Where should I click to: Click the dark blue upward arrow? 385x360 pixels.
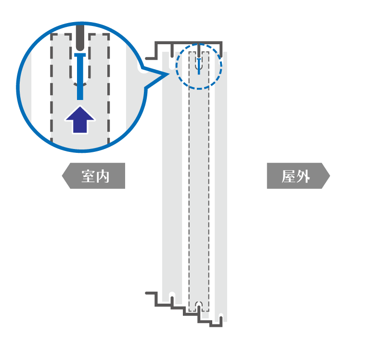pyautogui.click(x=80, y=120)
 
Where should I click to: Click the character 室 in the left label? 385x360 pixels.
pyautogui.click(x=88, y=176)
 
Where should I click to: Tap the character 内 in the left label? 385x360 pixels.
pyautogui.click(x=103, y=176)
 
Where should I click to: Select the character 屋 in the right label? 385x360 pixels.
pyautogui.click(x=288, y=176)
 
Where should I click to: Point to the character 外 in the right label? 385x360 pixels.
pyautogui.click(x=303, y=176)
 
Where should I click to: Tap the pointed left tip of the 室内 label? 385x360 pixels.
pyautogui.click(x=62, y=176)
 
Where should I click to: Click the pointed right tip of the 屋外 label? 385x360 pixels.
pyautogui.click(x=330, y=176)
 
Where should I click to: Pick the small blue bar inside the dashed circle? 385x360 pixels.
pyautogui.click(x=199, y=66)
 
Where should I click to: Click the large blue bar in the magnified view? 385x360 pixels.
pyautogui.click(x=80, y=76)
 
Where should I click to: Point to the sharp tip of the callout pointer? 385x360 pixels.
pyautogui.click(x=169, y=74)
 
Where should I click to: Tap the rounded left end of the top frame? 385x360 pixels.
pyautogui.click(x=147, y=58)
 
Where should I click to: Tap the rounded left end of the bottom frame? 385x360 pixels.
pyautogui.click(x=147, y=293)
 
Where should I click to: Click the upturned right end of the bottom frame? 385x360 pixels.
pyautogui.click(x=221, y=318)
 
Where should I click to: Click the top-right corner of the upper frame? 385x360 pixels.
pyautogui.click(x=221, y=42)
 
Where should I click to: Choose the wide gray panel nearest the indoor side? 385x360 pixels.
pyautogui.click(x=172, y=174)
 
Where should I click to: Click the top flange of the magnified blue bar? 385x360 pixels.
pyautogui.click(x=80, y=55)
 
